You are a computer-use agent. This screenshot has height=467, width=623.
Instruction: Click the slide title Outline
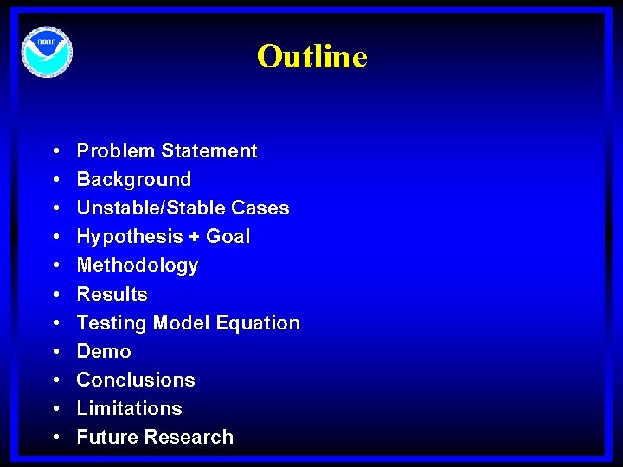[311, 57]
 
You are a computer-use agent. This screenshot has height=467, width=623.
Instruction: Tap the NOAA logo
[47, 53]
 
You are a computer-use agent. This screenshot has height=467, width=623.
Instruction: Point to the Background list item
[134, 180]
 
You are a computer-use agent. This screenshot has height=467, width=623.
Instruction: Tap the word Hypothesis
[127, 237]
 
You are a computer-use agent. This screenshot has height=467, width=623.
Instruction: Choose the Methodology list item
[138, 265]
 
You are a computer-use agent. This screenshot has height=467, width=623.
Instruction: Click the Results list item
[112, 294]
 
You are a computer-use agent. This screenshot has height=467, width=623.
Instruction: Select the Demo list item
[104, 351]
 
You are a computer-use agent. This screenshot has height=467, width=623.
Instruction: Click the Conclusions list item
[136, 380]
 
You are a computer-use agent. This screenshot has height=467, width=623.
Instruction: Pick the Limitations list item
[130, 408]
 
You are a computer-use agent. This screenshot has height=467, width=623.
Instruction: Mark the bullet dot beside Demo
[55, 352]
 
